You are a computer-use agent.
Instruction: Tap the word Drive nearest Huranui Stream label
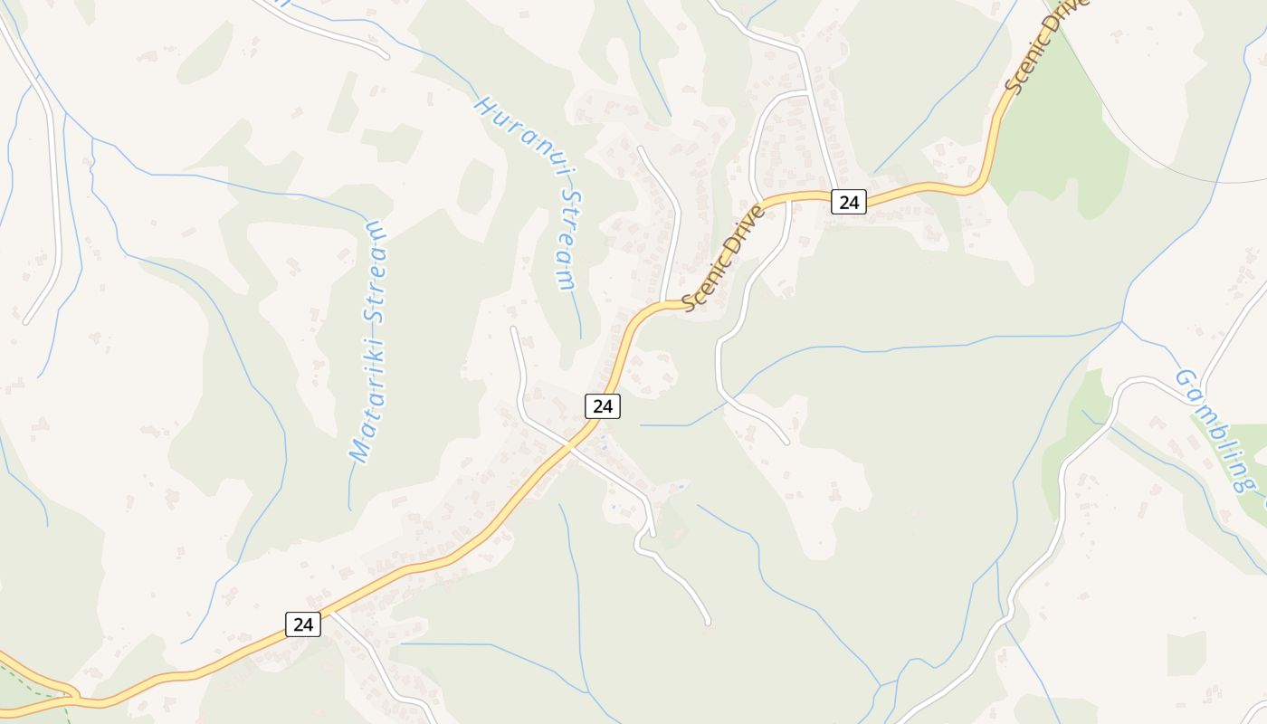744,233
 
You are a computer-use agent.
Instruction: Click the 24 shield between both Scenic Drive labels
848,202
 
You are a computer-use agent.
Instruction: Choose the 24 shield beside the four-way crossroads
602,406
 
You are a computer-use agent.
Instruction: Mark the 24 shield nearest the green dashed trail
303,624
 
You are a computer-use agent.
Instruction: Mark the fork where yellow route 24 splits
72,697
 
